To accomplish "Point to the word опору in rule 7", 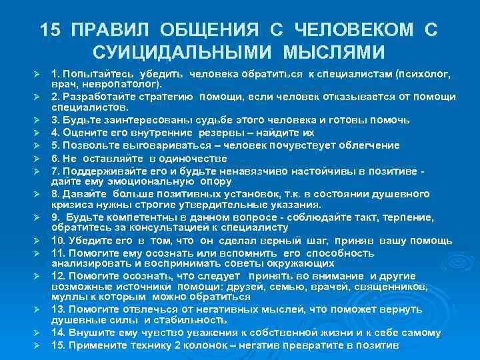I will (214, 181).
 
